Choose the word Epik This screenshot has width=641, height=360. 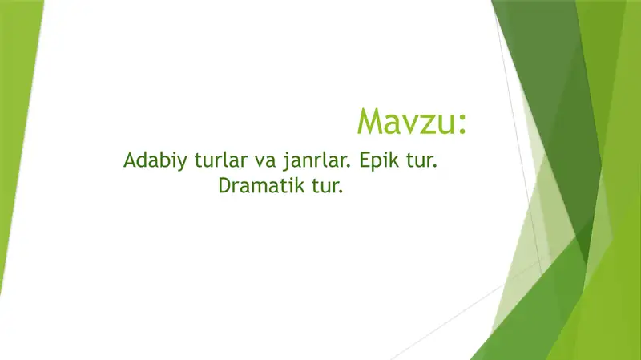(379, 161)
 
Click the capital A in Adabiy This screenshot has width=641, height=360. (130, 160)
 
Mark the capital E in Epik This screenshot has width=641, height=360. (365, 160)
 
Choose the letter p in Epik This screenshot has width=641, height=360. (377, 164)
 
